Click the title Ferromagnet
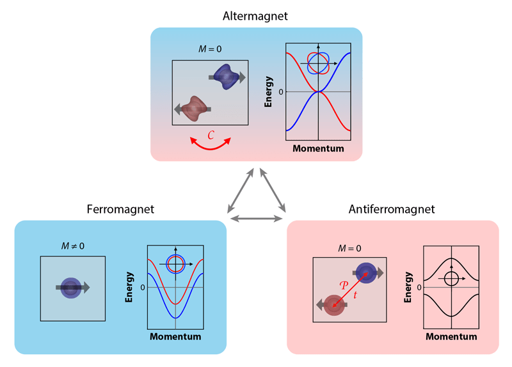coord(120,209)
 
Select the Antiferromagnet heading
coord(392,209)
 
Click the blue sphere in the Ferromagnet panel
coord(72,288)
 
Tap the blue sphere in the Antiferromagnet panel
coord(366,272)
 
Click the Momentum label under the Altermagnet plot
coord(318,149)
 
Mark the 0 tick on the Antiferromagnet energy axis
coord(419,287)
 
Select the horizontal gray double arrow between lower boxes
coord(256,219)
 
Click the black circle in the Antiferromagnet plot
coord(451,278)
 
